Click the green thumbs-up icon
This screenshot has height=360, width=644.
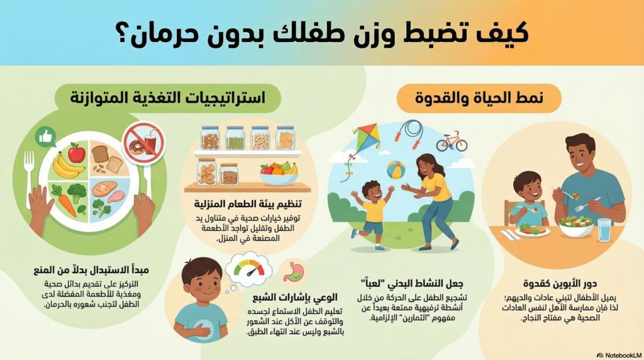pyautogui.click(x=45, y=137)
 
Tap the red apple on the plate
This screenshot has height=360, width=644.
pyautogui.click(x=76, y=153)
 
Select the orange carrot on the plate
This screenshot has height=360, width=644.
pyautogui.click(x=65, y=202)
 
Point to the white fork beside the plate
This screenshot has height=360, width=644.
pyautogui.click(x=28, y=172)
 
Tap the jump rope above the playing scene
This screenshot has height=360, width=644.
pyautogui.click(x=409, y=133)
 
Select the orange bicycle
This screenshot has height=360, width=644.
pyautogui.click(x=452, y=142)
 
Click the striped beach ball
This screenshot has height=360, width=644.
pyautogui.click(x=396, y=170)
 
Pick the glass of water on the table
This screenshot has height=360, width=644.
pyautogui.click(x=604, y=230)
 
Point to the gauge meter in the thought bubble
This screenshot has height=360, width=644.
pyautogui.click(x=249, y=269)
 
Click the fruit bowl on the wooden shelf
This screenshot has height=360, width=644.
pyautogui.click(x=279, y=176)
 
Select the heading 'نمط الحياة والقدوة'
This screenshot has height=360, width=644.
pyautogui.click(x=479, y=99)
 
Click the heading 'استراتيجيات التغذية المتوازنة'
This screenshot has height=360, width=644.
pyautogui.click(x=167, y=98)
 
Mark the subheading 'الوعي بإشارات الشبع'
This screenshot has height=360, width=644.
pyautogui.click(x=294, y=298)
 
